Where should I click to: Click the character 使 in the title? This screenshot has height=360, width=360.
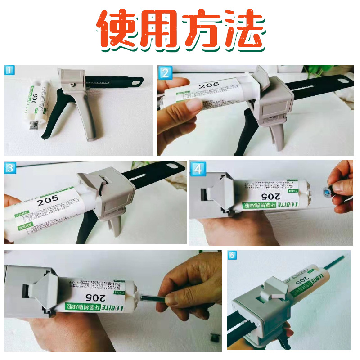(x=118, y=30)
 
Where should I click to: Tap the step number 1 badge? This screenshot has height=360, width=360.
(x=9, y=70)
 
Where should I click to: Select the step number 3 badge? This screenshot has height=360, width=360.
(x=9, y=168)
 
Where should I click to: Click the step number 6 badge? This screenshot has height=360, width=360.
(x=233, y=256)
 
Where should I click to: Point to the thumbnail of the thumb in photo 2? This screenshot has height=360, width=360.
(x=194, y=105)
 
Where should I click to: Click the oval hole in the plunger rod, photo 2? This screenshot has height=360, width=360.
(x=344, y=80)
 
